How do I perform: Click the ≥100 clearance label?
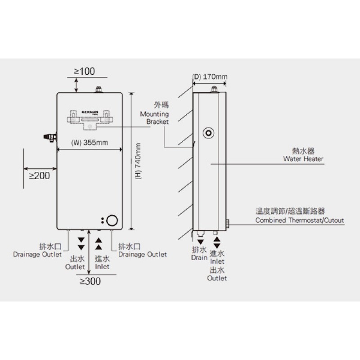[x=85, y=71]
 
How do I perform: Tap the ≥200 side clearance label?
[x=40, y=175]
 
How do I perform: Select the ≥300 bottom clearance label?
[x=90, y=282]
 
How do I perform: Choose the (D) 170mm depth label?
[x=210, y=76]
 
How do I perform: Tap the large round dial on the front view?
[x=112, y=220]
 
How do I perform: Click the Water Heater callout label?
[x=303, y=159]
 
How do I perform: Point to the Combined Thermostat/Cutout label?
[x=300, y=220]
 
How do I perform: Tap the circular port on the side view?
[x=208, y=133]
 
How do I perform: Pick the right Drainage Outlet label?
[x=142, y=254]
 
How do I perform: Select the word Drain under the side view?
[x=199, y=258]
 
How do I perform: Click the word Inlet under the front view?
[x=103, y=266]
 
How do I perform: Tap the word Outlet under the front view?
[x=75, y=266]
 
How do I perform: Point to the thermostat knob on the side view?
[x=228, y=223]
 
